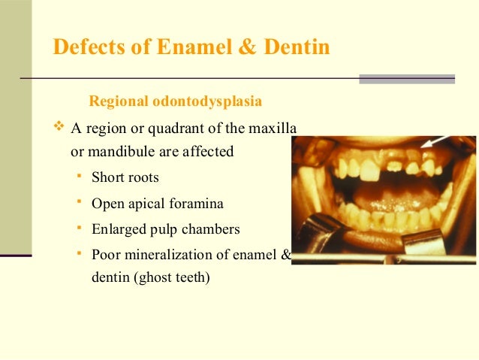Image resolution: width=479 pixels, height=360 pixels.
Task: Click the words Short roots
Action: click(125, 178)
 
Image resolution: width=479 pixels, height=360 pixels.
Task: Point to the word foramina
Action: click(197, 203)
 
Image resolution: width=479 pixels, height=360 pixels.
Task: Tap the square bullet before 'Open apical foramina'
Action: click(79, 202)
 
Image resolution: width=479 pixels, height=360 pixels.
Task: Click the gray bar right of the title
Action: click(406, 78)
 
